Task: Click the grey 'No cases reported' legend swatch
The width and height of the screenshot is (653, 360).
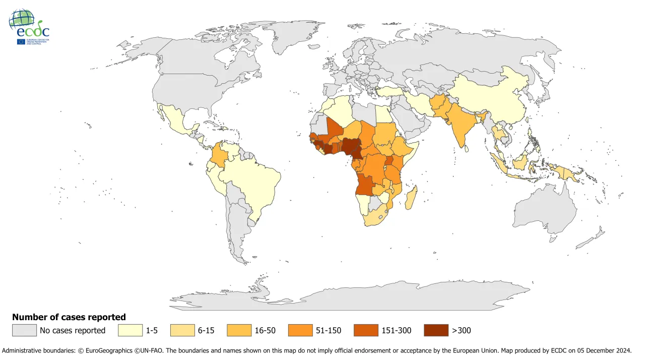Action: [25, 330]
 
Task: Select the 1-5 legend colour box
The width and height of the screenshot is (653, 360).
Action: [130, 330]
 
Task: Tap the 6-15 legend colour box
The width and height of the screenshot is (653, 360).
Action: [183, 330]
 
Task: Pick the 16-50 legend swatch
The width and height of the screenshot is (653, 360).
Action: [239, 330]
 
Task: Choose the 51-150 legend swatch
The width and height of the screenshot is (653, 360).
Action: [300, 330]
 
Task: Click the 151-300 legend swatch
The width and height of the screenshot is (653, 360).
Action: [366, 330]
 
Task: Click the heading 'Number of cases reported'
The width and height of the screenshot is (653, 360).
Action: [69, 317]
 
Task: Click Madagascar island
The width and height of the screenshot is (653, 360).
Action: [411, 198]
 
